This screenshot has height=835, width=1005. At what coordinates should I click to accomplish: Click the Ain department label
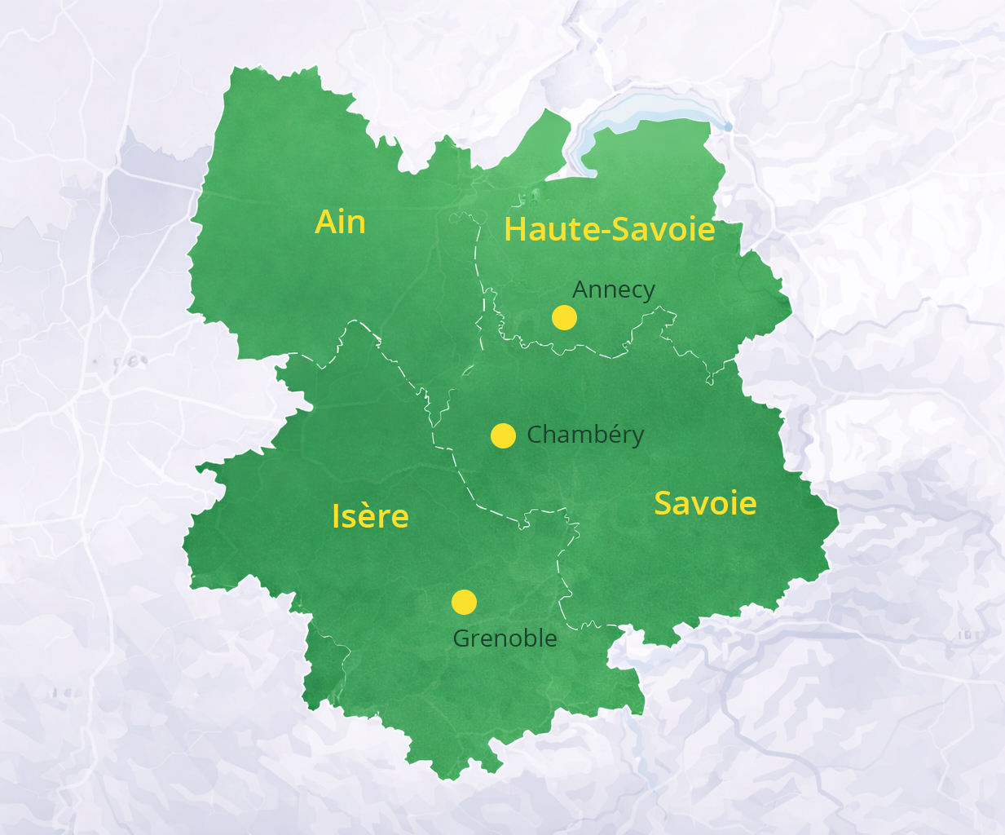click(x=340, y=222)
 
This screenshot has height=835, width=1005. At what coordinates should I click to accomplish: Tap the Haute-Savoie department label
click(x=609, y=229)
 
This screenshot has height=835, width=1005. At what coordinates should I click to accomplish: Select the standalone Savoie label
click(x=705, y=503)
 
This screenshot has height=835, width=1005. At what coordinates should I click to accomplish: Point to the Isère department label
click(x=370, y=516)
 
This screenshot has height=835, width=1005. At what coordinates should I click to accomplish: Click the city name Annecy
click(x=613, y=289)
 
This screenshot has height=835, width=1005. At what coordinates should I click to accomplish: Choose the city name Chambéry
click(x=585, y=435)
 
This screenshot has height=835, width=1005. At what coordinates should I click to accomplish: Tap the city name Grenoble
click(x=505, y=638)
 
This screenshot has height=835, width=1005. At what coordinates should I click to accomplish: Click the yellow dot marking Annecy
click(x=564, y=317)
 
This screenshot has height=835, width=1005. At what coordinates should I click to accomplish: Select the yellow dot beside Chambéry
click(x=503, y=436)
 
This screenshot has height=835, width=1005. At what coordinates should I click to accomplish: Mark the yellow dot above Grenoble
click(x=464, y=603)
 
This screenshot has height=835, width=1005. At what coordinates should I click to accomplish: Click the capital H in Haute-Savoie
click(x=515, y=230)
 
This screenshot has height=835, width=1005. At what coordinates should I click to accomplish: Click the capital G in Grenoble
click(x=461, y=638)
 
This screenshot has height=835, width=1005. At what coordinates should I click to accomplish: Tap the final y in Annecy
click(x=648, y=292)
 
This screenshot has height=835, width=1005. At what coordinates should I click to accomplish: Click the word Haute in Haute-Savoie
click(x=551, y=230)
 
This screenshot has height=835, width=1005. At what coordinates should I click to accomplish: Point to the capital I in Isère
click(x=336, y=516)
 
